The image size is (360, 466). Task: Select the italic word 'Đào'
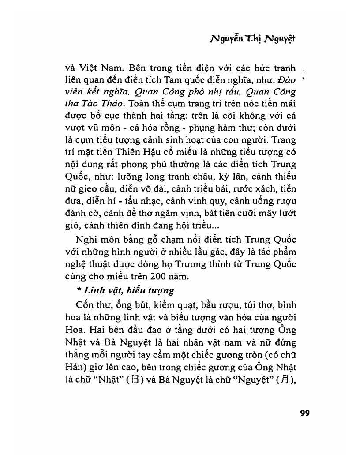pos(287,81)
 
